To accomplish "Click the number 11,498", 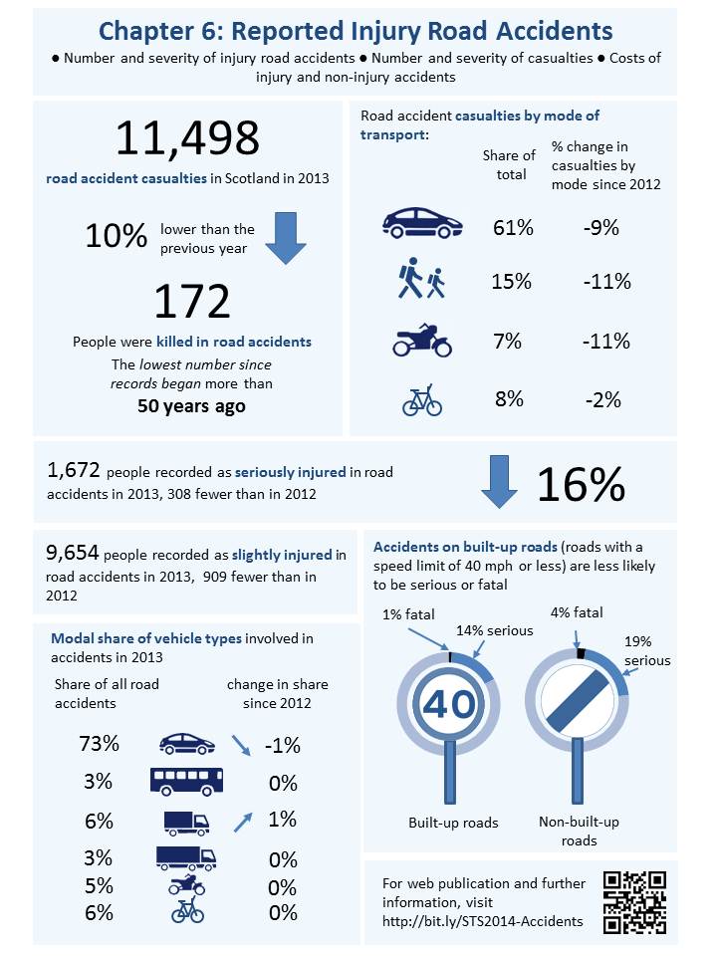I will coord(187,138).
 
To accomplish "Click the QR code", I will coord(634,902).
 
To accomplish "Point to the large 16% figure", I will coord(581,484).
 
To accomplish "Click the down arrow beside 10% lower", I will coord(286,237).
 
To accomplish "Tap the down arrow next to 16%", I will coord(499,481).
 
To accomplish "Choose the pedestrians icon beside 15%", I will coord(421,282).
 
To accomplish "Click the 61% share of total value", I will coord(512,227).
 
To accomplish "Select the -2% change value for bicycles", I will coord(601,400).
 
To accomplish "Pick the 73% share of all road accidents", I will coord(100,744).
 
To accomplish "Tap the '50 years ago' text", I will coord(192,406).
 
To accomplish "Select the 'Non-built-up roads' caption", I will coord(579,831).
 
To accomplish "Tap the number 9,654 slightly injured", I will coord(73,555).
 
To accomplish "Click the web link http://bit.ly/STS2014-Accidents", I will coord(483,920).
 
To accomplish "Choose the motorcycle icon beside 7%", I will coord(422,341).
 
